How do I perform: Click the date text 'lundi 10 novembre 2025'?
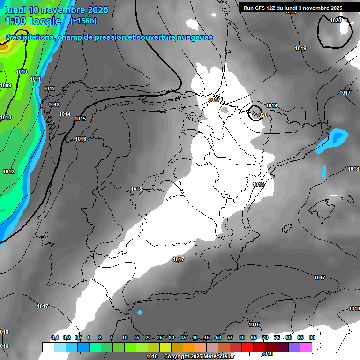tap(56, 10)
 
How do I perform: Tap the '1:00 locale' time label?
tap(33, 21)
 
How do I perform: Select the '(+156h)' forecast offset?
tap(83, 21)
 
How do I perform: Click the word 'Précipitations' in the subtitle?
tap(28, 37)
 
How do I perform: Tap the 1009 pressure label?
tap(6, 85)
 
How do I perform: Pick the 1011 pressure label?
tap(35, 79)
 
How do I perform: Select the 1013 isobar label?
tap(54, 105)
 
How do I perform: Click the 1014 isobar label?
tap(65, 114)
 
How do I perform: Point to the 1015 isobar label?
tap(80, 119)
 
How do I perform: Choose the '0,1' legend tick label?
tap(54, 337)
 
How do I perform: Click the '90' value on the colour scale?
tap(312, 337)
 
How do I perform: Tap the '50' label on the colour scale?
tap(218, 337)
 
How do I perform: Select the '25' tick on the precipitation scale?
tap(160, 337)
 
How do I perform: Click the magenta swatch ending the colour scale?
tap(306, 347)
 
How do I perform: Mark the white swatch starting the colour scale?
tap(48, 347)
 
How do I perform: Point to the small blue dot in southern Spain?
tap(139, 313)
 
